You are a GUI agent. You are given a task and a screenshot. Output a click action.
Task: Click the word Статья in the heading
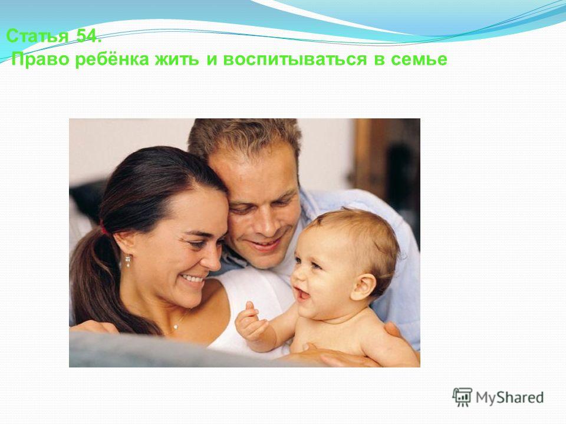(x=38, y=36)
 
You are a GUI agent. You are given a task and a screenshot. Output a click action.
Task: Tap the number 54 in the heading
(x=87, y=36)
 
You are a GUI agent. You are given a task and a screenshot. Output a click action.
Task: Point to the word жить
(x=177, y=59)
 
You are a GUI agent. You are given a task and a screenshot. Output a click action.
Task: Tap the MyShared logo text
(x=509, y=397)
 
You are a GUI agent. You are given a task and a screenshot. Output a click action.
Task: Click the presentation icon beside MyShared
(x=462, y=397)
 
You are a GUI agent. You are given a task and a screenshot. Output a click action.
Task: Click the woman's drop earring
(x=128, y=261)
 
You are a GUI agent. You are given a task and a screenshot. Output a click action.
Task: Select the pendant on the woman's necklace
(x=176, y=327)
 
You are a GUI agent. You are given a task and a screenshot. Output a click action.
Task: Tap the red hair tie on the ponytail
(x=103, y=228)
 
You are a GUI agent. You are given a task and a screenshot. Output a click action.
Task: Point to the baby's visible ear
(x=364, y=287)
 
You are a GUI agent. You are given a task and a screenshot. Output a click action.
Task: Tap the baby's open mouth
(x=302, y=294)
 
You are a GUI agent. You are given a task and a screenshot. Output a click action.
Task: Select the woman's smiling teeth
(x=193, y=279)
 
